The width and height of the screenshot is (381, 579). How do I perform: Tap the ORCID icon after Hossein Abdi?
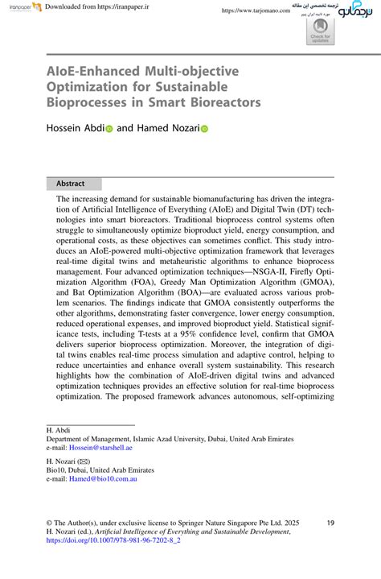tap(109, 128)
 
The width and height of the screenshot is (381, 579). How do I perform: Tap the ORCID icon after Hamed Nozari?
tap(204, 128)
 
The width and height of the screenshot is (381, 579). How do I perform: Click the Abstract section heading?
tap(65, 184)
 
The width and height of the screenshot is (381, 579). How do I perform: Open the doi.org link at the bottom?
tap(113, 542)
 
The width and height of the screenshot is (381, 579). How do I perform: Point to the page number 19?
tap(330, 523)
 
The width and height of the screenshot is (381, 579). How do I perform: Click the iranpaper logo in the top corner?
tap(16, 7)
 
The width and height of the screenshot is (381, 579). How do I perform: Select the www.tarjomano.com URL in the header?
tap(255, 10)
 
